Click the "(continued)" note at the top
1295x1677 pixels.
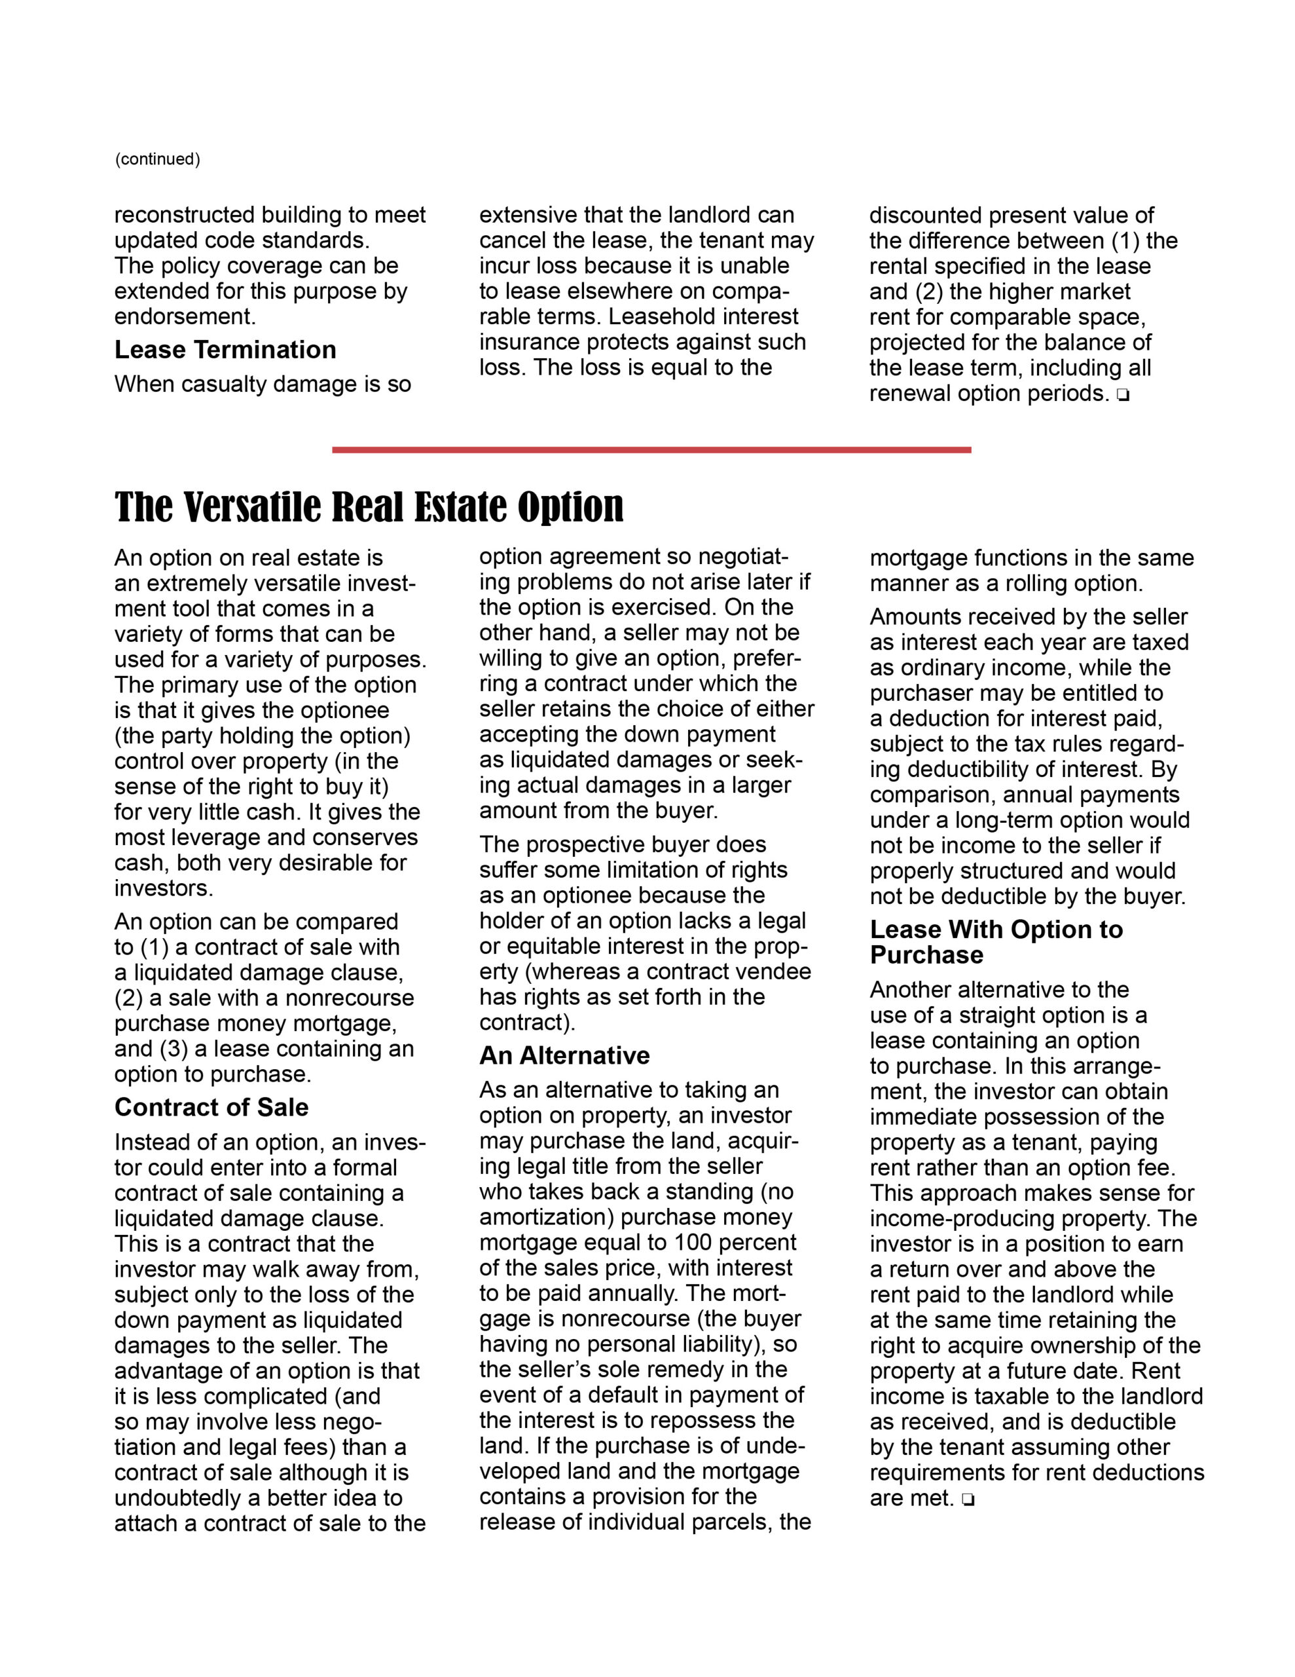pos(157,159)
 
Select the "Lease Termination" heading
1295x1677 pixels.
pos(225,350)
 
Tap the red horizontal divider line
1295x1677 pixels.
pos(651,450)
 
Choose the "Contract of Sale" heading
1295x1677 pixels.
pos(211,1107)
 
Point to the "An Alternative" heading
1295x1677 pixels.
pos(564,1056)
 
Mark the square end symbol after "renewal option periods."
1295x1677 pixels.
pos(1123,396)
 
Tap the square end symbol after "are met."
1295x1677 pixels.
pos(967,1499)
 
